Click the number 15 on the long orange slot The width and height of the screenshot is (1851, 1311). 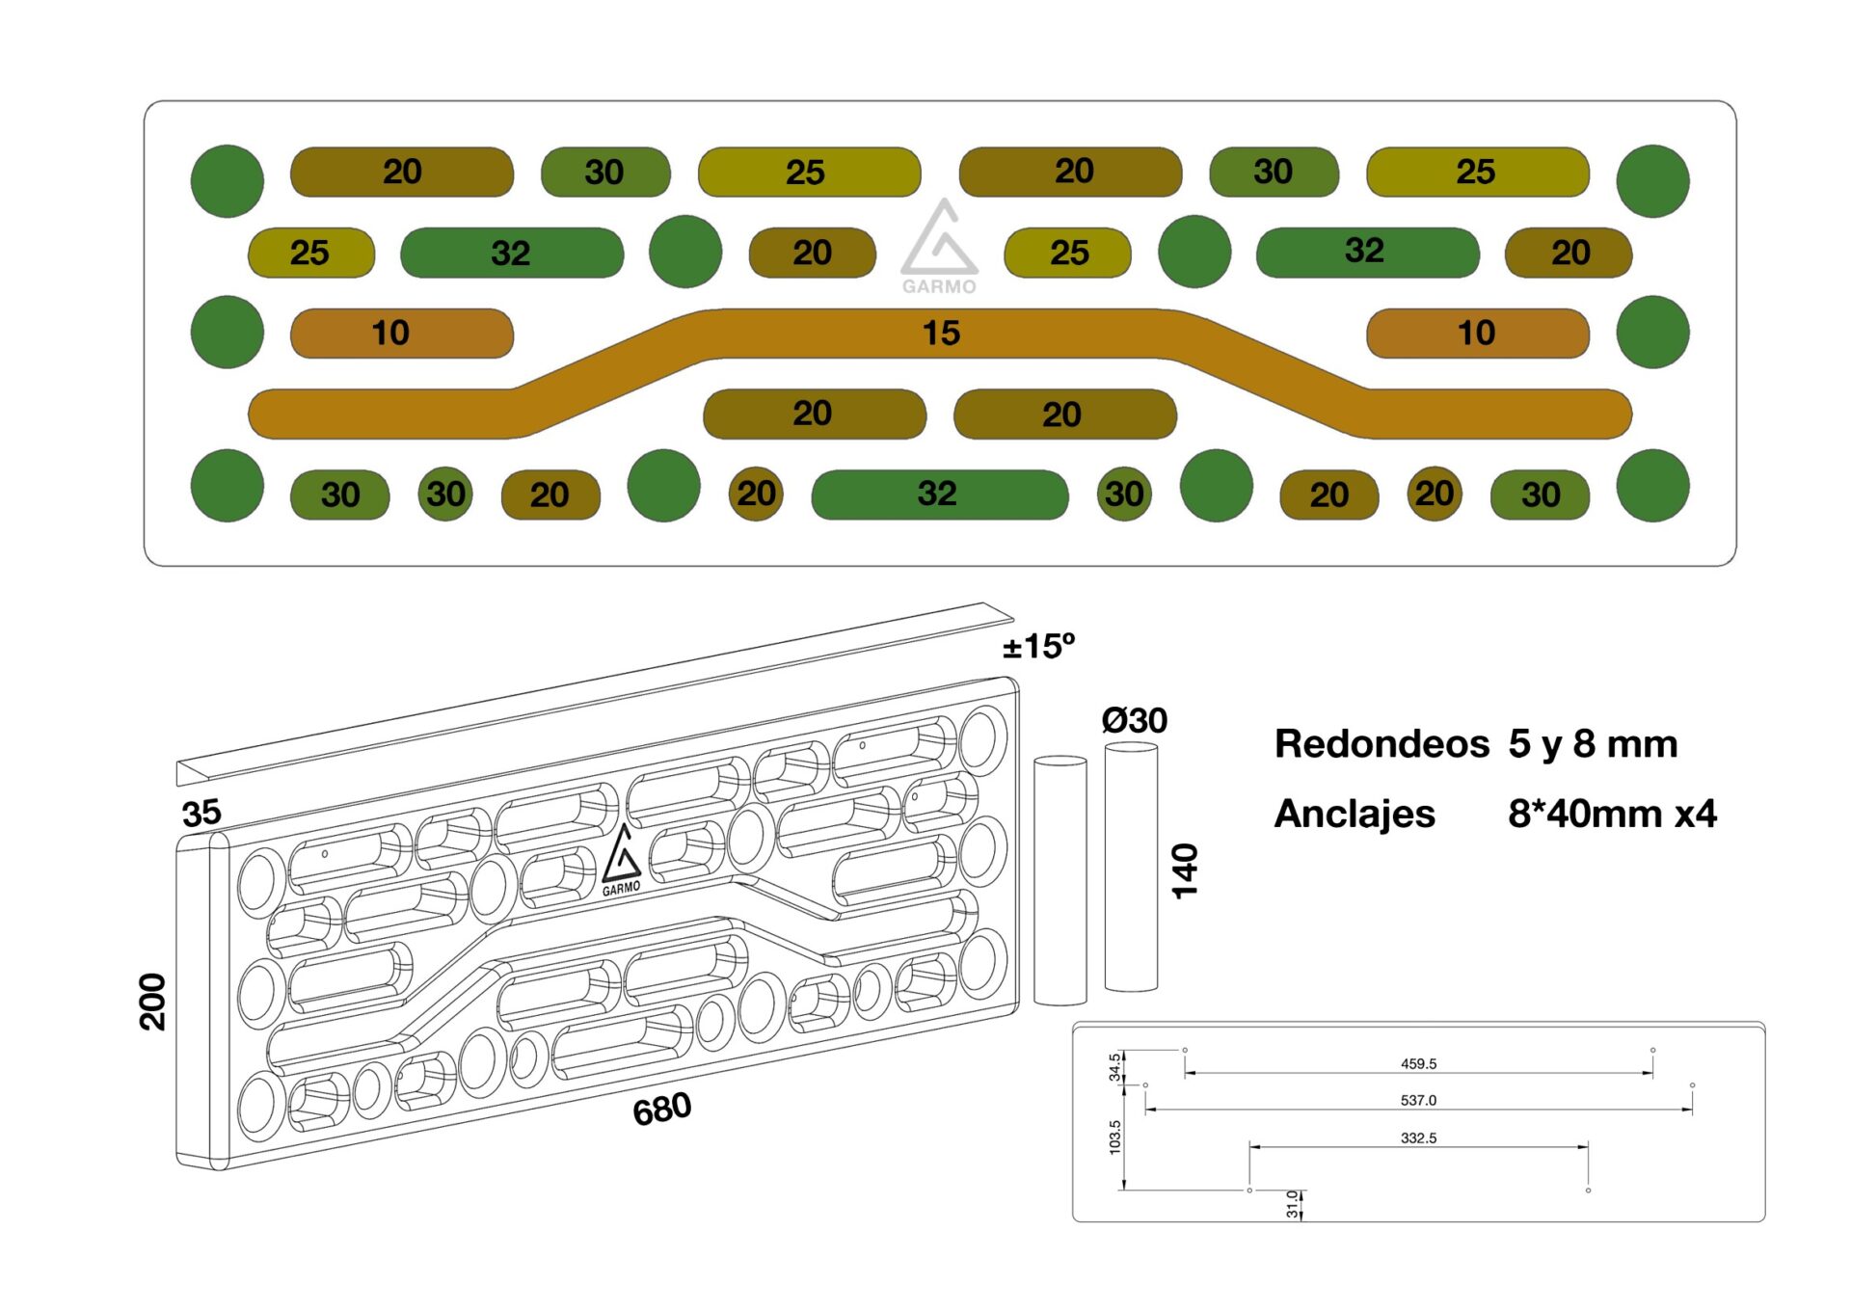pyautogui.click(x=941, y=334)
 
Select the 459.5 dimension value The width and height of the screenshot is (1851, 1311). pyautogui.click(x=1418, y=1064)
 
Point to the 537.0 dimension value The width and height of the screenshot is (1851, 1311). pyautogui.click(x=1418, y=1101)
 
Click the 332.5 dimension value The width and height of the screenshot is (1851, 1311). pyautogui.click(x=1418, y=1138)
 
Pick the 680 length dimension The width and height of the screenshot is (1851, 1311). pyautogui.click(x=662, y=1110)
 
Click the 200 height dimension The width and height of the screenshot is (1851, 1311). pyautogui.click(x=153, y=1003)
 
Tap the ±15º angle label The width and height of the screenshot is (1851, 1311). pyautogui.click(x=1038, y=647)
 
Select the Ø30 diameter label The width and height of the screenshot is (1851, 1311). pyautogui.click(x=1134, y=721)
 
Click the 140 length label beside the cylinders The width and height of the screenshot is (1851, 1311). pyautogui.click(x=1185, y=871)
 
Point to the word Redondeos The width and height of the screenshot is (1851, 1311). pyautogui.click(x=1382, y=744)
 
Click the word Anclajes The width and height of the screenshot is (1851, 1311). pyautogui.click(x=1355, y=815)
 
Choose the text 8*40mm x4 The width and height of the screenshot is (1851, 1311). pyautogui.click(x=1612, y=815)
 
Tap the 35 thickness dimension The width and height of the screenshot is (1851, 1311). pyautogui.click(x=201, y=814)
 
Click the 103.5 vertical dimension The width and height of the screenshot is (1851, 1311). pyautogui.click(x=1115, y=1137)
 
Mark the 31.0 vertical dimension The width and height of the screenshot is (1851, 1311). pyautogui.click(x=1292, y=1204)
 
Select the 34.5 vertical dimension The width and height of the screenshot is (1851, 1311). pyautogui.click(x=1115, y=1067)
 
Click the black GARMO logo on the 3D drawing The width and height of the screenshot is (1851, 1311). pyautogui.click(x=621, y=861)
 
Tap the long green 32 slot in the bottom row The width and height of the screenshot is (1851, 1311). pyautogui.click(x=939, y=495)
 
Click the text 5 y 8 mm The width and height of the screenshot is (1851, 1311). pyautogui.click(x=1593, y=744)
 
